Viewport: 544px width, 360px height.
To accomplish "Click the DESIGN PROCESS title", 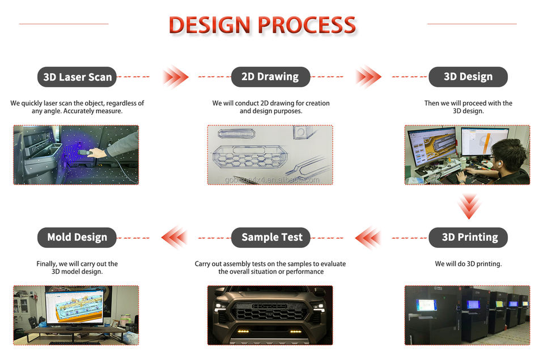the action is coord(262,25).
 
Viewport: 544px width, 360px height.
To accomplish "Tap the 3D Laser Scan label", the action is coord(77,77).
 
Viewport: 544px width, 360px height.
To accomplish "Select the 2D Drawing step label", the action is coord(270,77).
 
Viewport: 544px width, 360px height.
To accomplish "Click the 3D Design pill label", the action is coord(468,77).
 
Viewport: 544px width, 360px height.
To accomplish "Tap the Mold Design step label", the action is coord(77,238).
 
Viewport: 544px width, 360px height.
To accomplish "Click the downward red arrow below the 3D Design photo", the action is coord(469,206).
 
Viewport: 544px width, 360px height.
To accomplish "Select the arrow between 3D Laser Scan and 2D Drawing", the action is coord(176,77).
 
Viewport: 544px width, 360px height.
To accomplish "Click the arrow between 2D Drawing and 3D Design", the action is coord(368,77).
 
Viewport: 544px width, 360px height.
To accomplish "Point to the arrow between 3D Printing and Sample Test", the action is coord(368,238).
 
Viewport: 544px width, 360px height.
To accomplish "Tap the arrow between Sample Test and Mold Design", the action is coord(175,238).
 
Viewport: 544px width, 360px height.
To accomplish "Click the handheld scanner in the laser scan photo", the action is coord(86,153).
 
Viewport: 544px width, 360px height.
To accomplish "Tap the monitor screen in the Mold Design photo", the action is coord(74,306).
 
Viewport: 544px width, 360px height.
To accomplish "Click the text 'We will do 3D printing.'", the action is coord(468,264).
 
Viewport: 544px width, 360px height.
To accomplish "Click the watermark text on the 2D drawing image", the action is coord(272,180).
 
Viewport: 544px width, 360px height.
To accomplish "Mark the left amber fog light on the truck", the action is coord(243,331).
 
